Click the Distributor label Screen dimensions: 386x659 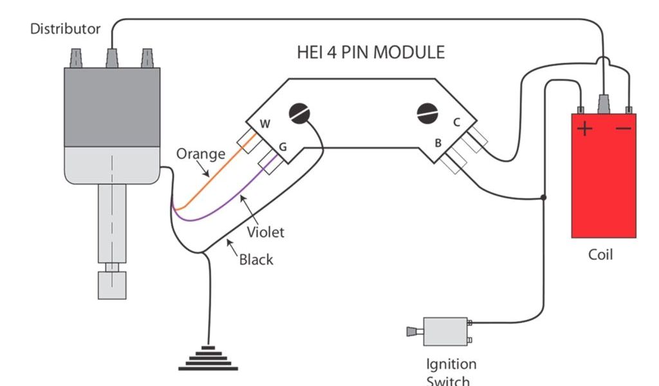66,29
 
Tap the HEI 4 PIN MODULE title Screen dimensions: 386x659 371,52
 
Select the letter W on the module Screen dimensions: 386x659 265,124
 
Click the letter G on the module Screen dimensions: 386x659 282,147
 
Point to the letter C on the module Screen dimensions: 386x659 456,122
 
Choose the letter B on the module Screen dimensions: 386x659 438,143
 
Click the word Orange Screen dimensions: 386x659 201,154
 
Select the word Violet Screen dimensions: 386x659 265,232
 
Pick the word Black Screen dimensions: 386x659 256,260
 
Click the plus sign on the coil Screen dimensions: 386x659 584,129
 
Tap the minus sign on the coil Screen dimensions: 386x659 623,129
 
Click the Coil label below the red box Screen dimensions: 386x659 601,255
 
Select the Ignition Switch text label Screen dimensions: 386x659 451,372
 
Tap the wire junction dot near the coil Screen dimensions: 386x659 544,198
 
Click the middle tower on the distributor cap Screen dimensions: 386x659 112,59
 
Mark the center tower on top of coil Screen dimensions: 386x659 605,103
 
